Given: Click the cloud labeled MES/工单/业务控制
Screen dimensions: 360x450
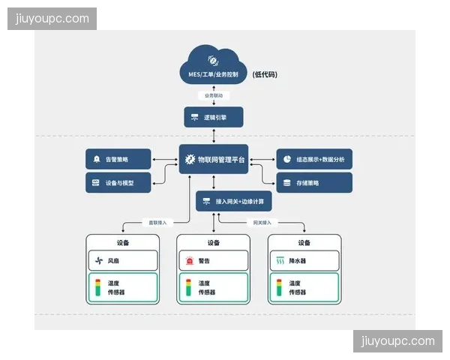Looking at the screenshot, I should tap(213, 65).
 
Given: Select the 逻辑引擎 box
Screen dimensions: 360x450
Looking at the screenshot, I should tap(213, 117).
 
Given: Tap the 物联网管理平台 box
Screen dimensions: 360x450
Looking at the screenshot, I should tap(214, 159).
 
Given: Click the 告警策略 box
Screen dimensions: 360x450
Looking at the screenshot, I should tap(118, 159).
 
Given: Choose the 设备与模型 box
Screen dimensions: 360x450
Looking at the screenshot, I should tap(118, 182).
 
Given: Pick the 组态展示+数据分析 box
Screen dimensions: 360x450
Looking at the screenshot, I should tap(314, 159).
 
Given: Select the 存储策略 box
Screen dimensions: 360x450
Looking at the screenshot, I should tap(314, 182).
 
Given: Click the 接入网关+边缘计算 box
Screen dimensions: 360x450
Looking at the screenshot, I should tap(234, 202).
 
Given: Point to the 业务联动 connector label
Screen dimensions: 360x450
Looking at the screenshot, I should tap(213, 95).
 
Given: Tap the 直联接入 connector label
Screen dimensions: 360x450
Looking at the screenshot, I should tap(159, 223).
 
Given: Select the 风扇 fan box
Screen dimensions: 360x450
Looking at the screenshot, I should tap(123, 261).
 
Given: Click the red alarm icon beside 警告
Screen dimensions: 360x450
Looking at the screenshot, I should tap(189, 261).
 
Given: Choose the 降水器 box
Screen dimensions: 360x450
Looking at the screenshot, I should tap(304, 261).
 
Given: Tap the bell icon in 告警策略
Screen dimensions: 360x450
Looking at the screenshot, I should tap(97, 159).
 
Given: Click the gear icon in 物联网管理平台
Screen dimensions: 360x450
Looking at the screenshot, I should tap(189, 159).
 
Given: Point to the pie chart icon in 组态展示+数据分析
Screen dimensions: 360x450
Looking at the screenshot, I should tap(287, 159).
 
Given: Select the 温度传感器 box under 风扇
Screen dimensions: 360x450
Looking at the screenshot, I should tap(123, 287).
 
